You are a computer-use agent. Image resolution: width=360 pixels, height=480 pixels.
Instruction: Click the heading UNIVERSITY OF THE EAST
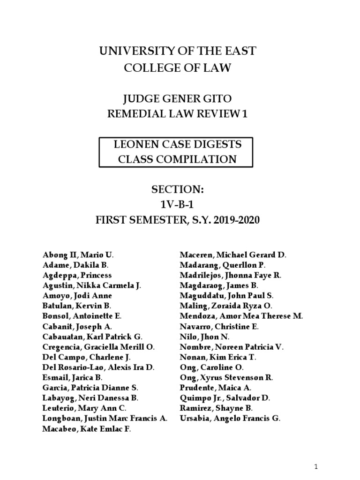click(177, 51)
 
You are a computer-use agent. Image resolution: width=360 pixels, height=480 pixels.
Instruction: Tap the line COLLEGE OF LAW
click(177, 68)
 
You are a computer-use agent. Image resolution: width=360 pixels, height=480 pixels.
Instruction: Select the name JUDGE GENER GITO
click(177, 99)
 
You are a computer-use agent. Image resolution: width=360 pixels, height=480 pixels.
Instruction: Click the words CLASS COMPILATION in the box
click(177, 159)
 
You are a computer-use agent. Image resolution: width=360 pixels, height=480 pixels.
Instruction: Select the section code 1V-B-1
click(177, 204)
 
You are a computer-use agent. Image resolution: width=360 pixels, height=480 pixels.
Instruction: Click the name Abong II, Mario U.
click(78, 255)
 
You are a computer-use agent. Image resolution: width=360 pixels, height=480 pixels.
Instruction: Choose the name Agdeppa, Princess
click(77, 276)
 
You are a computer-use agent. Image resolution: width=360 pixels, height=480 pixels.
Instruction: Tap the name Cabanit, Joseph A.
click(77, 327)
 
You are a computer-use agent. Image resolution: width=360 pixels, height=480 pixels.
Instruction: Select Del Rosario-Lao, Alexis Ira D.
click(98, 367)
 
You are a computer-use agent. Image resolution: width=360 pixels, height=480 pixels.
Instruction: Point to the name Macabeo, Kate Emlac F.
click(87, 429)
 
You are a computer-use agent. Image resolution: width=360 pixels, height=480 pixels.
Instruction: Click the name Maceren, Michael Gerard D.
click(233, 255)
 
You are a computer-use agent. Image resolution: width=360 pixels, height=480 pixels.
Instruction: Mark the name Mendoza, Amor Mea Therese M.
click(241, 316)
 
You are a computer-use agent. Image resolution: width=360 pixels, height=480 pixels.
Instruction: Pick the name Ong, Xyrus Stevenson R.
click(226, 377)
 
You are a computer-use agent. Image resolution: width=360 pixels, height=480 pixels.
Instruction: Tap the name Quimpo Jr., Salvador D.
click(225, 398)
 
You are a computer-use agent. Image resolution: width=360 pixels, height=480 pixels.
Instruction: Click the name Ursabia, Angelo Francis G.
click(230, 419)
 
